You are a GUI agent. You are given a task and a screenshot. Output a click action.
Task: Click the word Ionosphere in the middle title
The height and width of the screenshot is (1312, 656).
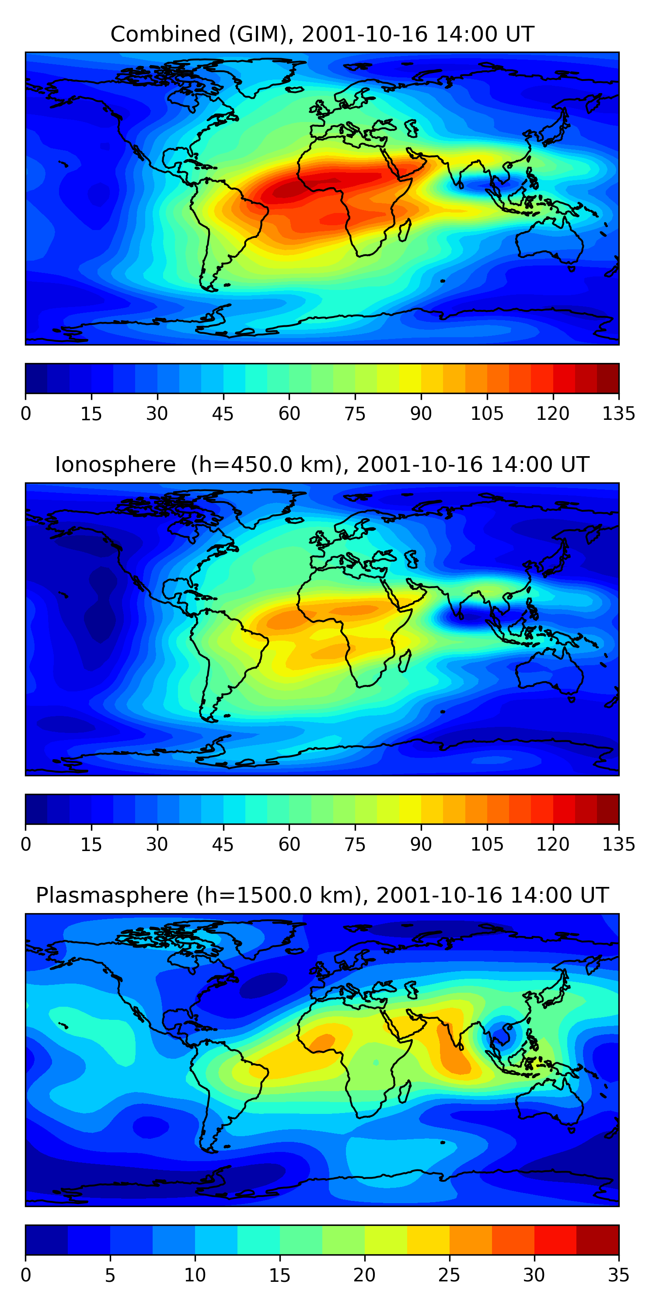pos(115,464)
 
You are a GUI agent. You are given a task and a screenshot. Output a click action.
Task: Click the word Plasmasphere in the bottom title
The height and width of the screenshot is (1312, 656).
pos(112,895)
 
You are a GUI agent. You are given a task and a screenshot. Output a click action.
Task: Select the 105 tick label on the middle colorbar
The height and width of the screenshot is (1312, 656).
pos(486,844)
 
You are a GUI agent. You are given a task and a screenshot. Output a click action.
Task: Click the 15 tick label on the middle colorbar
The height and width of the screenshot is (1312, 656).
pos(91,844)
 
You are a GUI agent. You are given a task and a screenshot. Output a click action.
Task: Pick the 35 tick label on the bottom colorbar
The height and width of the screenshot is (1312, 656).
pos(618,1275)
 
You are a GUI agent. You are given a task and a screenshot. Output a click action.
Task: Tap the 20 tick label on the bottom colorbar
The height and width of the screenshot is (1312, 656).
pos(364,1275)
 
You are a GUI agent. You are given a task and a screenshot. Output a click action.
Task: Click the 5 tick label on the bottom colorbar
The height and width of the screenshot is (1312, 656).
pos(110,1275)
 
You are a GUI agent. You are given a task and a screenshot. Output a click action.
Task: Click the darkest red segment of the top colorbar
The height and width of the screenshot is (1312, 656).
pos(607,378)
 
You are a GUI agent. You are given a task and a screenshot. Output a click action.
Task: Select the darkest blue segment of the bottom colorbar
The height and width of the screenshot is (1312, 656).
pos(46,1240)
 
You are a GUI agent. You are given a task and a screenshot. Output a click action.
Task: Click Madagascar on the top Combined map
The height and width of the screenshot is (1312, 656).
pos(405,230)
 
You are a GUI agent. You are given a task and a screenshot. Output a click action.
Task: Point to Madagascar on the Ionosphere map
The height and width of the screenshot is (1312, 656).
pos(405,660)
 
